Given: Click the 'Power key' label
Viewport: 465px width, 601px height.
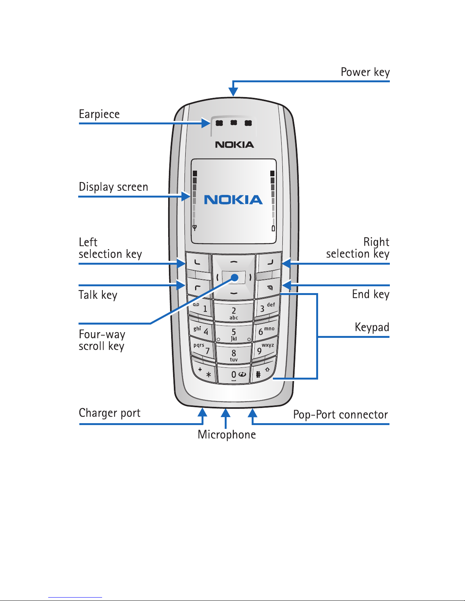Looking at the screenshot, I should pyautogui.click(x=365, y=72).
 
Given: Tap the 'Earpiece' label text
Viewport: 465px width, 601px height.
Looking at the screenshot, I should pyautogui.click(x=99, y=114).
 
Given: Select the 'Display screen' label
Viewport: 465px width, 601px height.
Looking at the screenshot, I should pyautogui.click(x=113, y=187).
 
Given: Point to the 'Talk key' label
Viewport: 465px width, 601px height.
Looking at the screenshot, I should pyautogui.click(x=98, y=295).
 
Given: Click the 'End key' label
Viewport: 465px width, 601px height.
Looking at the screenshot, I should pyautogui.click(x=370, y=294).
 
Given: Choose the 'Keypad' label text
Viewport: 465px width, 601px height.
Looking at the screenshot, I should pyautogui.click(x=372, y=327).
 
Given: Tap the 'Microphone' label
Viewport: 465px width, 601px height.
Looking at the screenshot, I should pyautogui.click(x=227, y=435).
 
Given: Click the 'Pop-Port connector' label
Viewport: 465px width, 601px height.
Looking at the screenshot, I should pyautogui.click(x=340, y=414).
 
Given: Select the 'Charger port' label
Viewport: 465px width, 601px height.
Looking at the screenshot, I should pyautogui.click(x=109, y=413).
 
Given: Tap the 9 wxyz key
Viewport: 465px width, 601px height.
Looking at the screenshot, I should pyautogui.click(x=265, y=349).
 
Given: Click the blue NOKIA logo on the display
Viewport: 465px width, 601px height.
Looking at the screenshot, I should pyautogui.click(x=233, y=199).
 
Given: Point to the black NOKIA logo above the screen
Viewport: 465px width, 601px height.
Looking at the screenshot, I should pyautogui.click(x=234, y=144).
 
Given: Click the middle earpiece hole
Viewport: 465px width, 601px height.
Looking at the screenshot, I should pyautogui.click(x=234, y=122).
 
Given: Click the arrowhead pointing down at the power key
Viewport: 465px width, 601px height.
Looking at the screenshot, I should pyautogui.click(x=233, y=91).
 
